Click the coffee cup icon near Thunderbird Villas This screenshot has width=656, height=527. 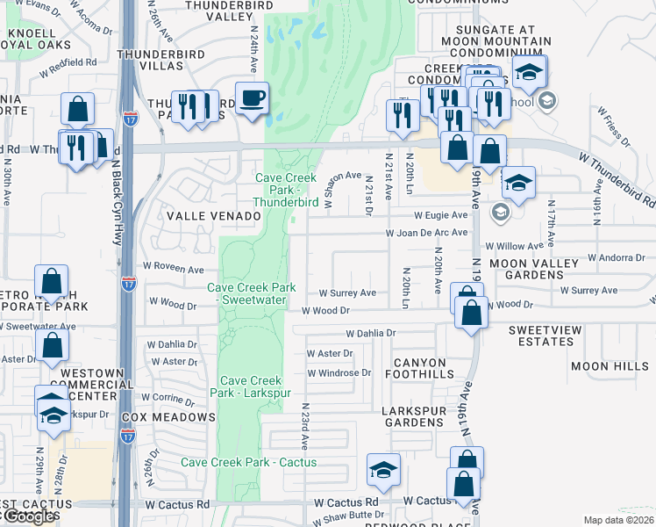pyautogui.click(x=253, y=97)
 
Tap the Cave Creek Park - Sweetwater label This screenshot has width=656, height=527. pyautogui.click(x=252, y=294)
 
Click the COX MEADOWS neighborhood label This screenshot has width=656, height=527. pyautogui.click(x=169, y=416)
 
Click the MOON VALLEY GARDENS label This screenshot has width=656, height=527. pyautogui.click(x=534, y=269)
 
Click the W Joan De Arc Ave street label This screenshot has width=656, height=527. pyautogui.click(x=427, y=233)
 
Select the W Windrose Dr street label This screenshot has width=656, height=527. pyautogui.click(x=339, y=372)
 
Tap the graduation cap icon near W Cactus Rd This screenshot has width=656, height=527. pyautogui.click(x=383, y=471)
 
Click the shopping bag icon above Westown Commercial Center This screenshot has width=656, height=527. pyautogui.click(x=52, y=347)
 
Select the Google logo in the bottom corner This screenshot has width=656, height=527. pyautogui.click(x=28, y=517)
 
